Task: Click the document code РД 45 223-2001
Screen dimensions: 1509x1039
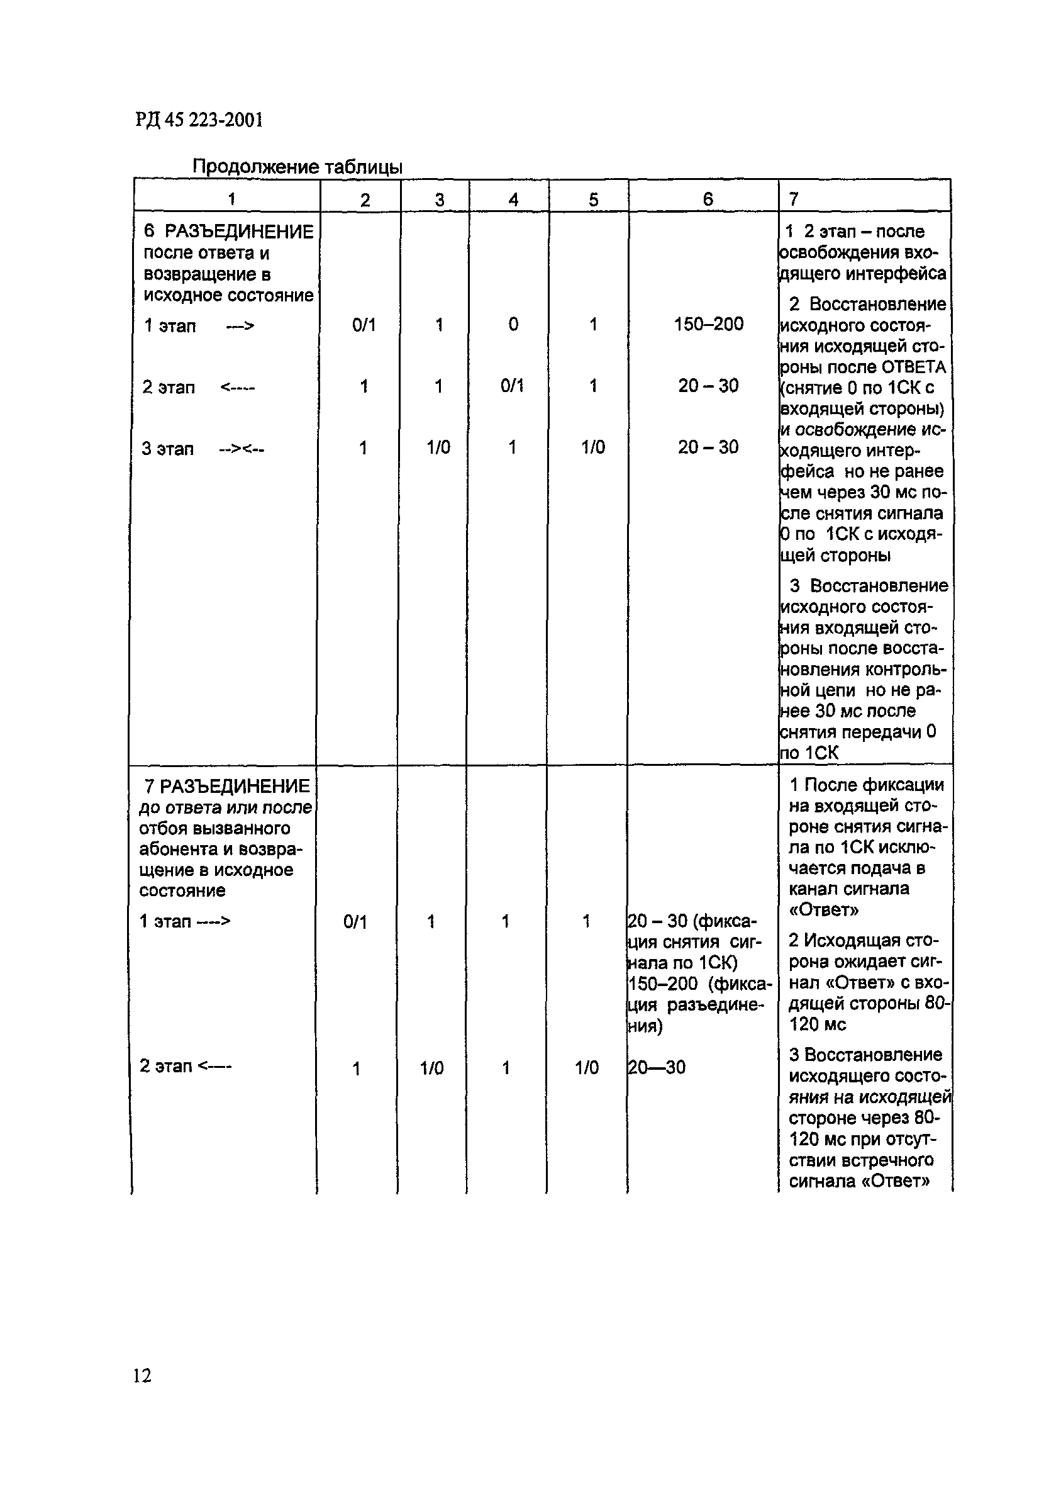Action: pos(199,120)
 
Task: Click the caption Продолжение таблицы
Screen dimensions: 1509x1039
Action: pos(297,167)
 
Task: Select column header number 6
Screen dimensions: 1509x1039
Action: pos(708,199)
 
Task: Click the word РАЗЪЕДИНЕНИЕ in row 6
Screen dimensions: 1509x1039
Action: pos(238,232)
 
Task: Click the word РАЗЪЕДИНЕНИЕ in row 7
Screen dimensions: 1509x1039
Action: pos(235,786)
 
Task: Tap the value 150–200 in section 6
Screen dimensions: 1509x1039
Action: pos(708,323)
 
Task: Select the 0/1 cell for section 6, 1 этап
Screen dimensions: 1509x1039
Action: pos(364,324)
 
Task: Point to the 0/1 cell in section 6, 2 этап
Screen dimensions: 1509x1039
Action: pos(512,386)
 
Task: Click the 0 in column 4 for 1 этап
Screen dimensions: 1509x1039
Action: pos(513,324)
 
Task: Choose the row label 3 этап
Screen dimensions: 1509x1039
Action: pos(167,449)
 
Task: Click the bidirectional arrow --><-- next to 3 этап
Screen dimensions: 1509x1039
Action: pos(242,449)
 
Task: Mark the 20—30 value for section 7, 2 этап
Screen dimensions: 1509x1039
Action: pos(656,1067)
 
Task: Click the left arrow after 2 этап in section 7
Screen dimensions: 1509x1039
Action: pos(214,1066)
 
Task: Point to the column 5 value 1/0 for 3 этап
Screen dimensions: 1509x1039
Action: pos(593,447)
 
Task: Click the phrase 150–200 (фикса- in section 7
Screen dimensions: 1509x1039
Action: pos(699,984)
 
